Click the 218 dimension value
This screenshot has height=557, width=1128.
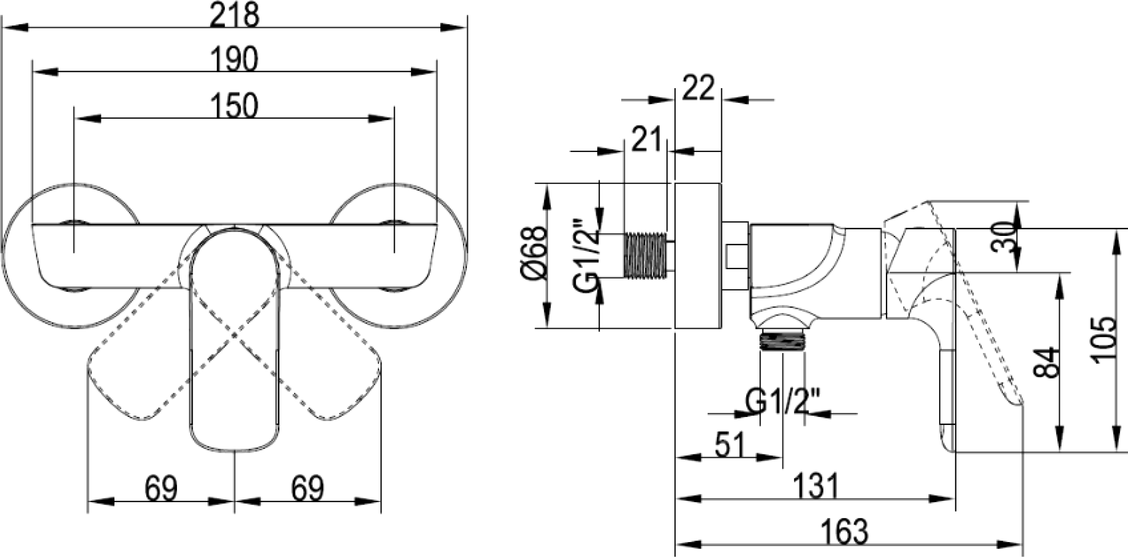(235, 15)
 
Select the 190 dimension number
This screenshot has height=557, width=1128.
(234, 59)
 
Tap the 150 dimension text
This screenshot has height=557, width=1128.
(234, 106)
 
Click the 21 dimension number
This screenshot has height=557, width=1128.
(646, 139)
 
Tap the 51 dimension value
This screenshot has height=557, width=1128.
(730, 445)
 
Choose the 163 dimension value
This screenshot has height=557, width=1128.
(844, 532)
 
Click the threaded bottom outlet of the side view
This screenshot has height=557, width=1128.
(782, 340)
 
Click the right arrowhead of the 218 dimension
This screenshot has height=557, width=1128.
(453, 27)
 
